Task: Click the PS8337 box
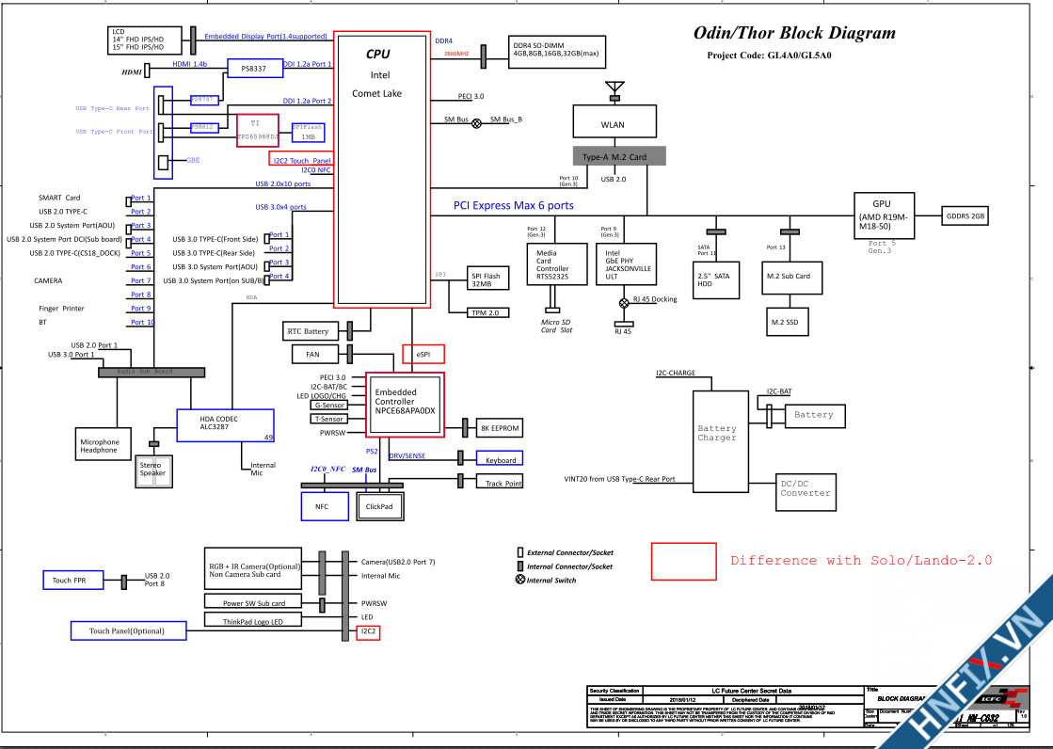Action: click(254, 69)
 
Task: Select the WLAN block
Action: click(612, 124)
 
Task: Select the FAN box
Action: click(312, 355)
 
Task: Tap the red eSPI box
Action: click(423, 354)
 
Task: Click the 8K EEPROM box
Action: click(500, 428)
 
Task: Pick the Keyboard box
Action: click(501, 459)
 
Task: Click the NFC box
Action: click(322, 506)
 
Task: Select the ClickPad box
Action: click(379, 506)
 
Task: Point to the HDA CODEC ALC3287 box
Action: click(225, 425)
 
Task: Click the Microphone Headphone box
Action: click(100, 445)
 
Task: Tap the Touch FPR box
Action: click(69, 581)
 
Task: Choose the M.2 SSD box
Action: click(785, 322)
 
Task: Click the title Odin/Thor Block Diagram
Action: click(794, 34)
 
